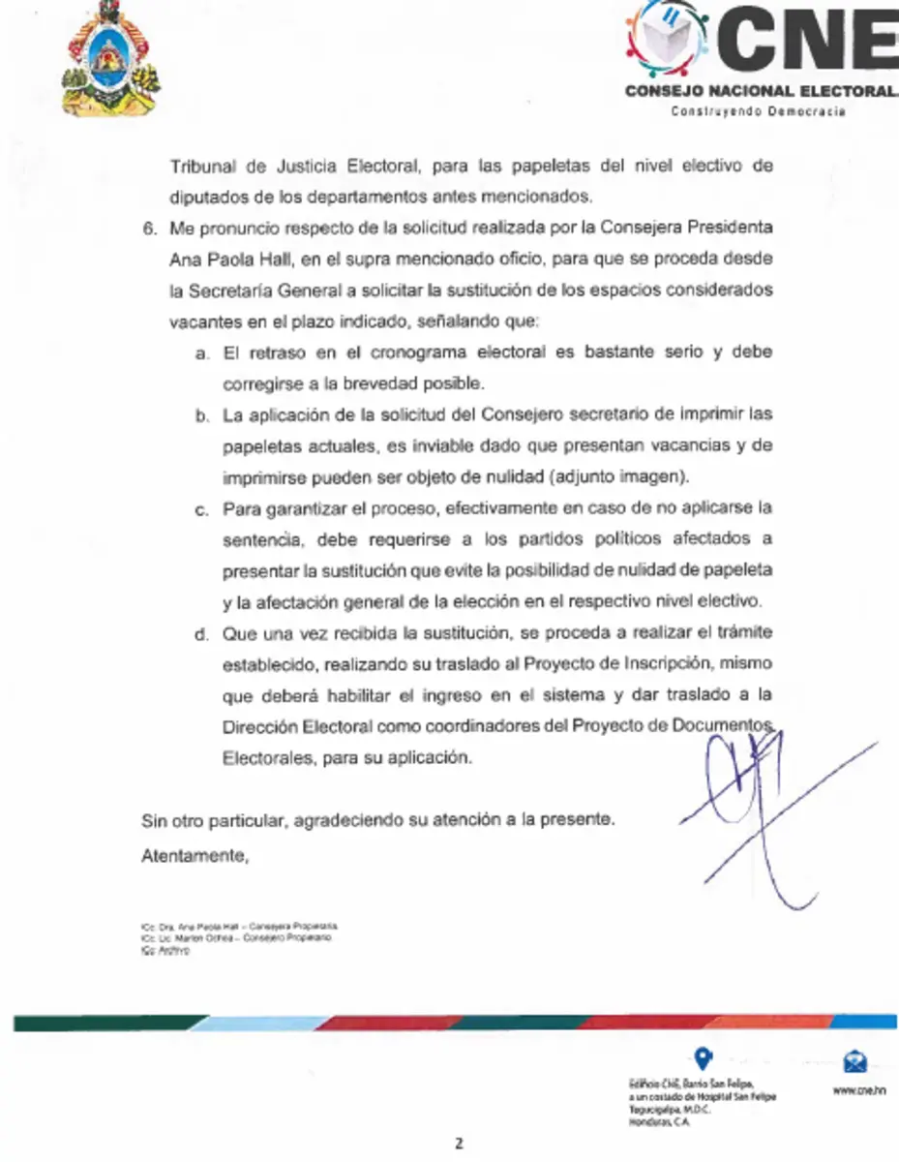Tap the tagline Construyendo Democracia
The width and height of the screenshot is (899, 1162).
pos(759,111)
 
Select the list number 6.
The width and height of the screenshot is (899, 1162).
pos(148,229)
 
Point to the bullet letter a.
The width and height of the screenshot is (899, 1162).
pos(201,353)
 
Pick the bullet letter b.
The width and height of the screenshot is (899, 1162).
pos(201,415)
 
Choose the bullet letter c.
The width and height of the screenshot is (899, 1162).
pos(201,508)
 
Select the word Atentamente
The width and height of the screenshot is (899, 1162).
pos(195,855)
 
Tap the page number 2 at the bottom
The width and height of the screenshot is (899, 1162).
pos(461,1143)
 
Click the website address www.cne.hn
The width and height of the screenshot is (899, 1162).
pos(858,1089)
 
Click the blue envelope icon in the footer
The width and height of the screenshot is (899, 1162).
pos(855,1061)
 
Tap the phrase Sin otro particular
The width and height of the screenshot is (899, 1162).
pos(213,820)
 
